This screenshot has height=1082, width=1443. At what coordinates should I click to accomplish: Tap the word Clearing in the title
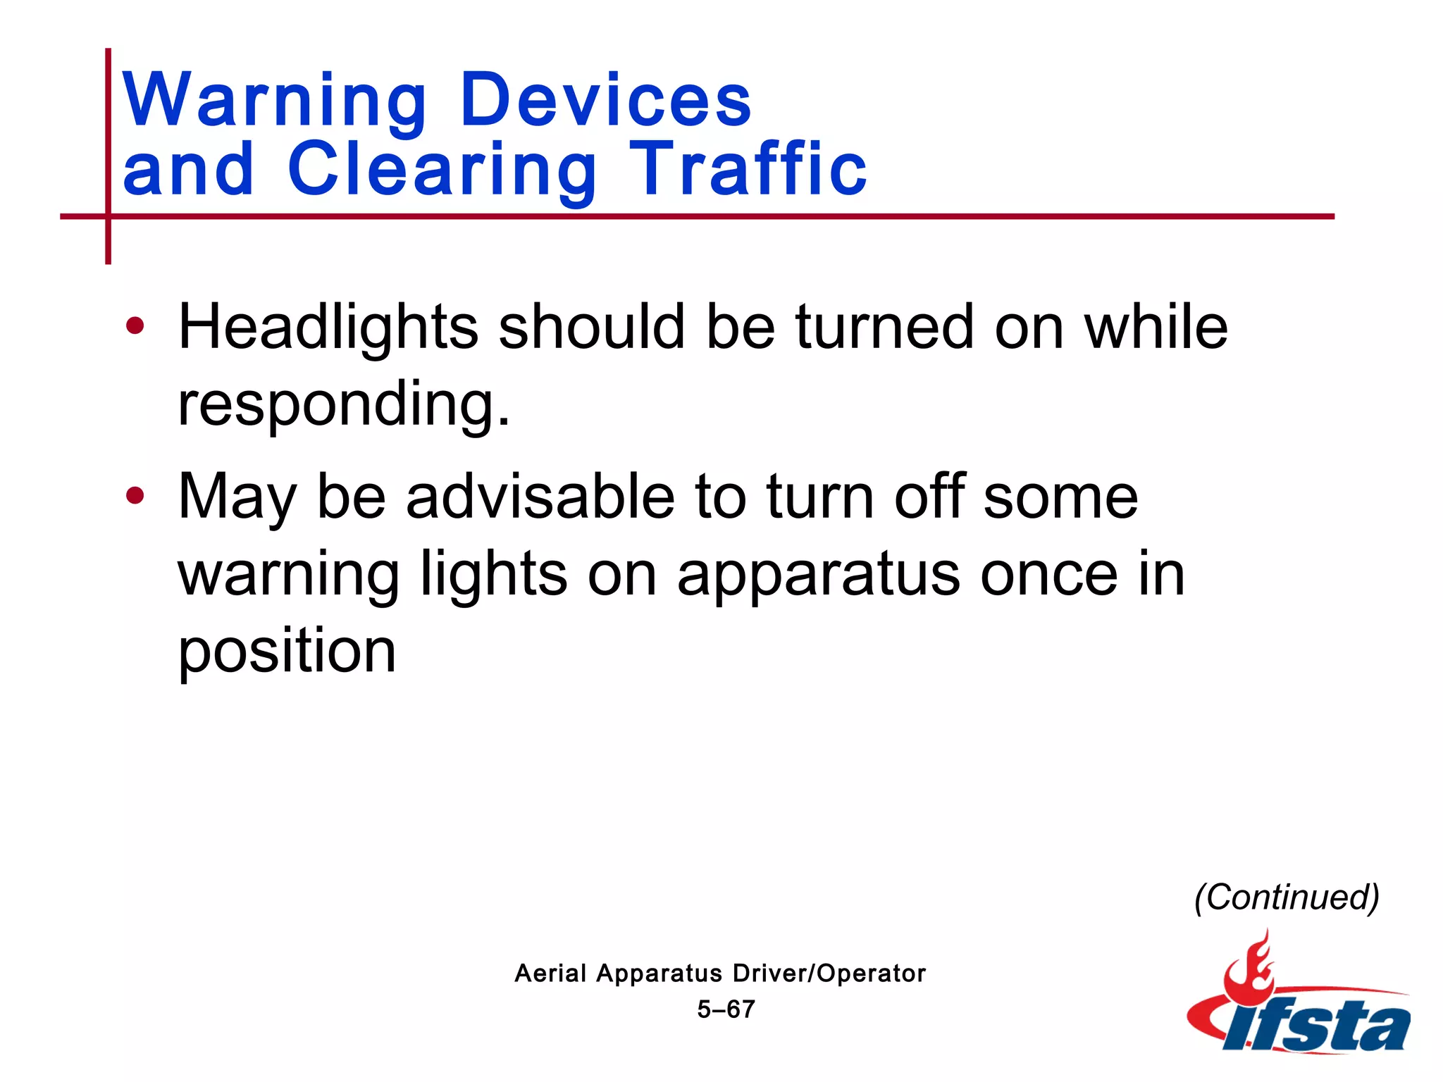(442, 169)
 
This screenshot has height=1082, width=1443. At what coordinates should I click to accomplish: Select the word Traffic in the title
(748, 169)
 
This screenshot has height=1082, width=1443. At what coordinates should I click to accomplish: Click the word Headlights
(328, 328)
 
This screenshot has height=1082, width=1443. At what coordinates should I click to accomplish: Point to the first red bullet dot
(135, 326)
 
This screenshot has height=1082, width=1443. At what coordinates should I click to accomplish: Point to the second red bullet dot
(135, 496)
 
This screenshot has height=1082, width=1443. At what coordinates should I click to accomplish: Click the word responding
(343, 404)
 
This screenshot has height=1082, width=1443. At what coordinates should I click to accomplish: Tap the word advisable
(540, 497)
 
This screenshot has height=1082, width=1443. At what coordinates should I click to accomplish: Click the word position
(287, 651)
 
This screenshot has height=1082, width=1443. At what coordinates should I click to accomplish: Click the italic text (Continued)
(1287, 897)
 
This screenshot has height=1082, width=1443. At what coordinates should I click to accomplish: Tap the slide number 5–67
(726, 1009)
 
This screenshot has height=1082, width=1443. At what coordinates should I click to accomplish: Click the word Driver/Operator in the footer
(829, 974)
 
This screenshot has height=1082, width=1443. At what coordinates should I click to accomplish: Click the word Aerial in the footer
(550, 974)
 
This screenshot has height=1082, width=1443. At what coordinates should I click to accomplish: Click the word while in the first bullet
(1156, 328)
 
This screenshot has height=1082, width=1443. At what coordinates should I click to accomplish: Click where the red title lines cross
(109, 216)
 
